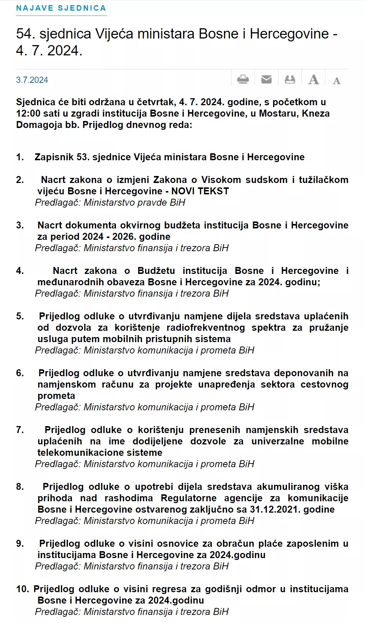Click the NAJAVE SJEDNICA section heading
point(61,8)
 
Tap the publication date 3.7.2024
point(32,80)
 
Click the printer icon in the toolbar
point(243,79)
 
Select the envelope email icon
point(266,79)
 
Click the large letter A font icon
point(313,80)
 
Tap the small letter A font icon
point(336,81)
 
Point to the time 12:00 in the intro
point(28,113)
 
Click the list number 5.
point(20,316)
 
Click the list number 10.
point(22,589)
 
